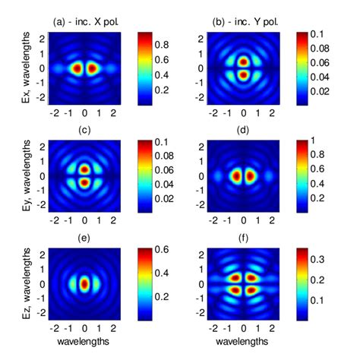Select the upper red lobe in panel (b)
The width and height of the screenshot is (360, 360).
coord(244,61)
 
